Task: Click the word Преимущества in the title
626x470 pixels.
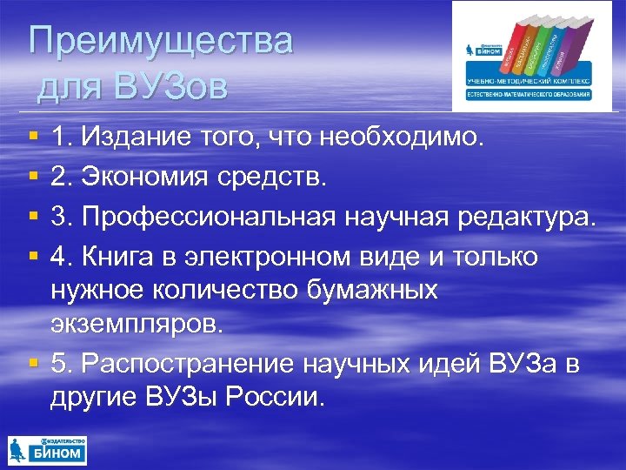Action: click(x=161, y=42)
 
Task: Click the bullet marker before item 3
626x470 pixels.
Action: click(x=32, y=218)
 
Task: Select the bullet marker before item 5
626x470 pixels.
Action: click(x=32, y=363)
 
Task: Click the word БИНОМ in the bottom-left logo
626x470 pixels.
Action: click(x=59, y=453)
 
